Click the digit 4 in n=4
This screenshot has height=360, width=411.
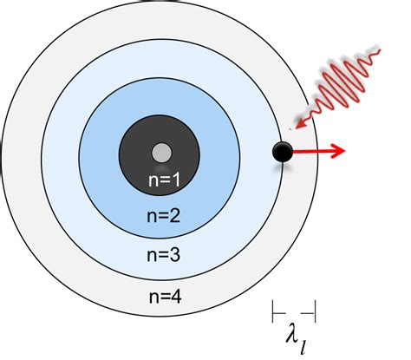(176, 297)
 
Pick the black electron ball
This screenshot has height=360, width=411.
(282, 153)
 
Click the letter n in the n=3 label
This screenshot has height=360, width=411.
(150, 256)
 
